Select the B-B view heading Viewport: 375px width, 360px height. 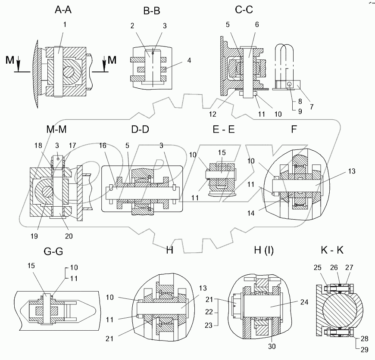point(151,12)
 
